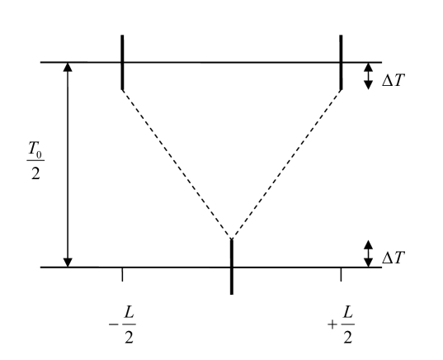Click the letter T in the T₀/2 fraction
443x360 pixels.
click(x=33, y=149)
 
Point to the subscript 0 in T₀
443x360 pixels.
click(x=40, y=153)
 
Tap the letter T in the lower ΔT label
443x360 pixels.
click(x=399, y=258)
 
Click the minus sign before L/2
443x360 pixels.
click(x=114, y=324)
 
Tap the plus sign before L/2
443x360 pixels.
click(x=332, y=324)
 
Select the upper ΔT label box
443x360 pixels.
click(x=394, y=78)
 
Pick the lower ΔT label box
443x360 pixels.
click(x=394, y=256)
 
